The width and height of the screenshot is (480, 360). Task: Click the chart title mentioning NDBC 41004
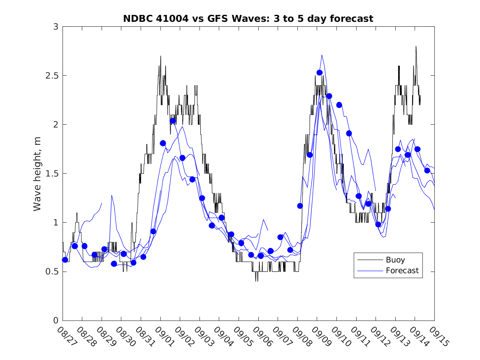coord(248,19)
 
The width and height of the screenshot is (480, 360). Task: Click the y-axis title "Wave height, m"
coord(37,174)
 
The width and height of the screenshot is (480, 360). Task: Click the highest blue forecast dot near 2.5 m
coord(319,73)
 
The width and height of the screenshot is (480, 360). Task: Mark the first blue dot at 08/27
coord(65,260)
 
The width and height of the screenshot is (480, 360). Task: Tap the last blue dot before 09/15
coord(427,170)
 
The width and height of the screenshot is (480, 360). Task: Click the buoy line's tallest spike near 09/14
coord(416,46)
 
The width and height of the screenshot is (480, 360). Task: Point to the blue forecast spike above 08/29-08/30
coord(111,195)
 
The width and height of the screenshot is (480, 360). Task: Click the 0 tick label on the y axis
coord(55,321)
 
